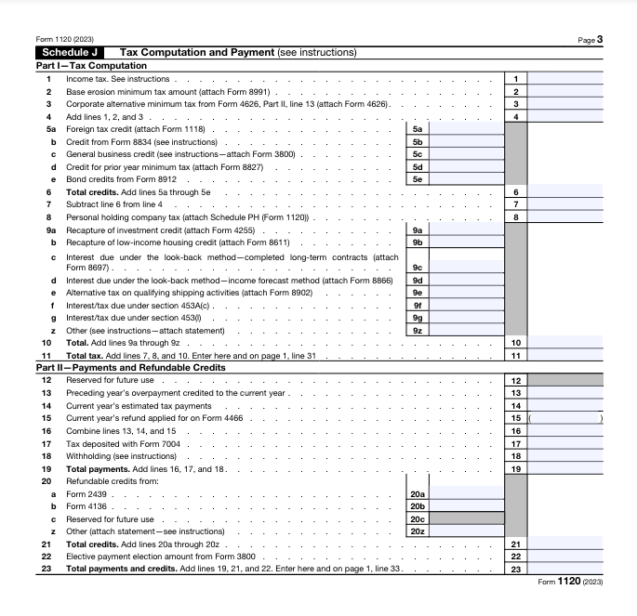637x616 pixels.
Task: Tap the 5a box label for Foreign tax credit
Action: (x=418, y=129)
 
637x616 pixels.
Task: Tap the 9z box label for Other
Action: (x=418, y=330)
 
